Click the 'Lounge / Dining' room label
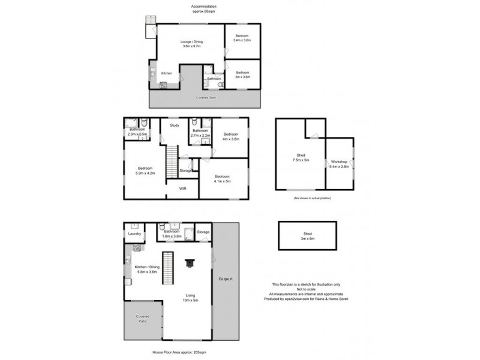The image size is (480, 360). coord(192,44)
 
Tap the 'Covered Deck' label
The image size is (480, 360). coord(205,97)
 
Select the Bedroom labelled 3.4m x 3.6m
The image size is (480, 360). coord(242,38)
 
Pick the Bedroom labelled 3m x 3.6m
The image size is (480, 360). coord(242,74)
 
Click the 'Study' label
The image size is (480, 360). coord(175,125)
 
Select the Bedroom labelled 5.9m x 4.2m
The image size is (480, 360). coord(145,170)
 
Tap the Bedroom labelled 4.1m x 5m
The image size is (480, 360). coord(223,178)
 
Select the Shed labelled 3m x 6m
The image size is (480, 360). coord(307,236)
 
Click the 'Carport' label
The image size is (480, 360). coord(226,279)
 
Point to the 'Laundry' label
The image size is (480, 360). coord(134,234)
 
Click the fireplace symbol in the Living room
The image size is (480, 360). coord(190,262)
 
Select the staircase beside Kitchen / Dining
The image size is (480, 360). coord(169,268)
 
